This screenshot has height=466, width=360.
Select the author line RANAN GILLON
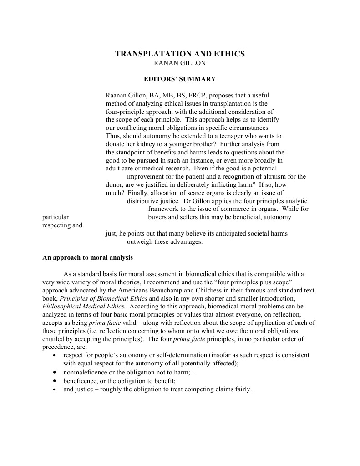click(180, 63)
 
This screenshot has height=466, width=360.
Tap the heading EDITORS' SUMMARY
click(180, 79)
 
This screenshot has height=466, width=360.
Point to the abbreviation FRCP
click(205, 96)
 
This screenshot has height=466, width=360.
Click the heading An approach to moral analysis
click(87, 258)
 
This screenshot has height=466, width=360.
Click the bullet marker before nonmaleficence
click(55, 372)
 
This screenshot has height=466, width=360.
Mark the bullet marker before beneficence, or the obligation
click(55, 381)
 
